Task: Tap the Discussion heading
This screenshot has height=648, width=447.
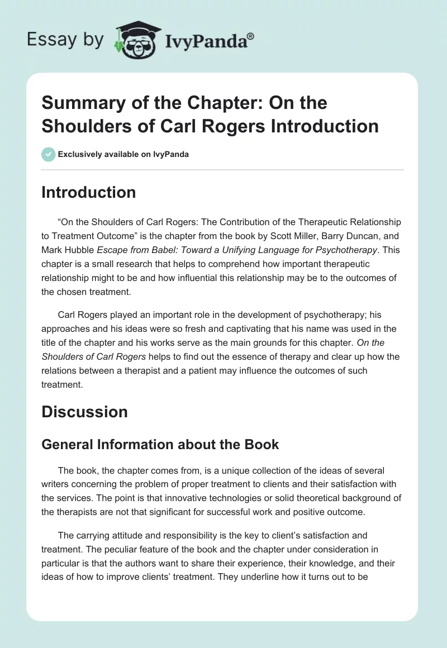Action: [x=84, y=412]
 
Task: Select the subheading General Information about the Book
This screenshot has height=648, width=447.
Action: [x=160, y=444]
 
